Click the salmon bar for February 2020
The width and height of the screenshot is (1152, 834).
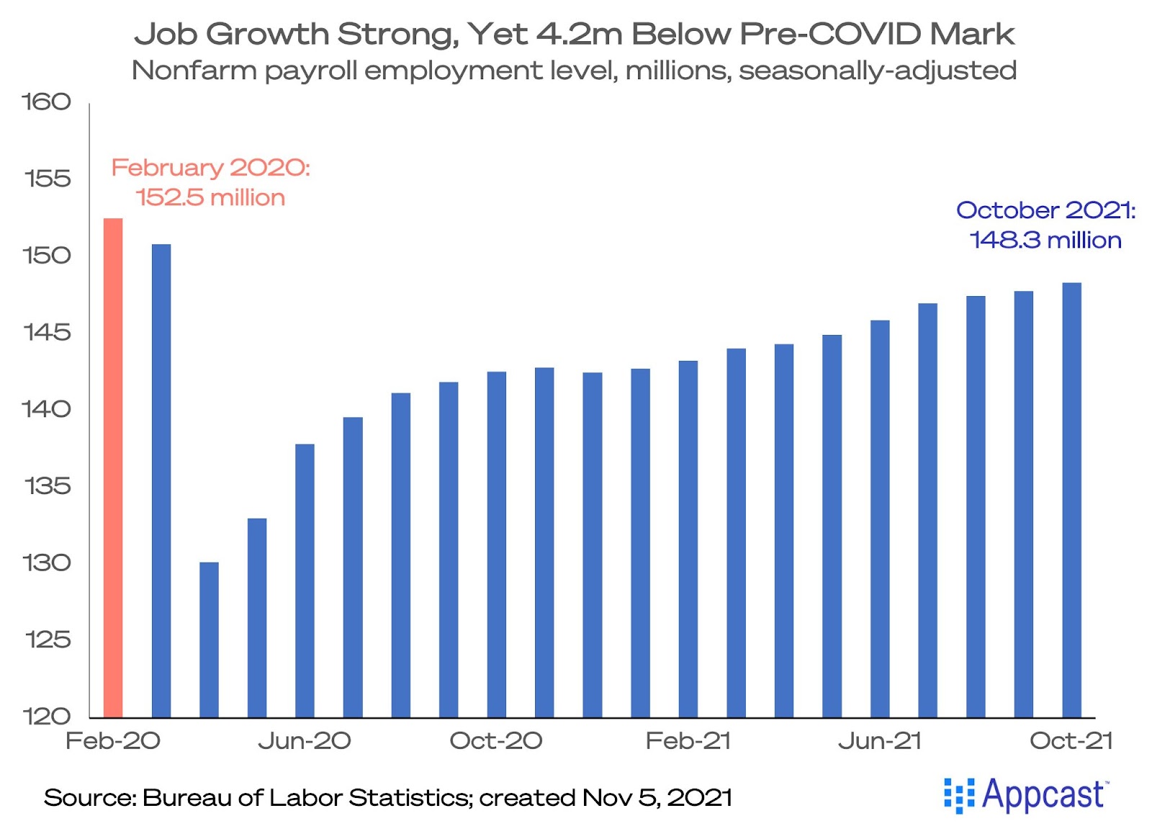pos(113,468)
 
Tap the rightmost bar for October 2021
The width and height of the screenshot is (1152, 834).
pos(1071,500)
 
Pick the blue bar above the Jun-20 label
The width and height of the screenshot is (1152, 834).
pos(305,580)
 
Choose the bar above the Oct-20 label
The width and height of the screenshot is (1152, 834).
pos(497,544)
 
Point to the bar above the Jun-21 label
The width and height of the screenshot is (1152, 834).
pos(880,519)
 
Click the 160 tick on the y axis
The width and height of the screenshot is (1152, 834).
pos(47,102)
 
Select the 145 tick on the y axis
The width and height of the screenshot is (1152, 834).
pos(47,332)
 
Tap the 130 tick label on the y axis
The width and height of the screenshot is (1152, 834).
pos(47,562)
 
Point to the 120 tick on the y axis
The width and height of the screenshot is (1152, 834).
pos(47,716)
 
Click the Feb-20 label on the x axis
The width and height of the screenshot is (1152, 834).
pos(113,740)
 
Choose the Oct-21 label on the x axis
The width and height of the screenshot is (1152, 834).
pos(1071,740)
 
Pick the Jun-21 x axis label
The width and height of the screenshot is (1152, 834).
pos(880,740)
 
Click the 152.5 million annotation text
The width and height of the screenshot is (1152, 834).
pos(210,197)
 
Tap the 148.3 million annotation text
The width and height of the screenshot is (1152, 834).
pos(1045,240)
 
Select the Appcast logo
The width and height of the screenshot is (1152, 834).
pos(1027,795)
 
